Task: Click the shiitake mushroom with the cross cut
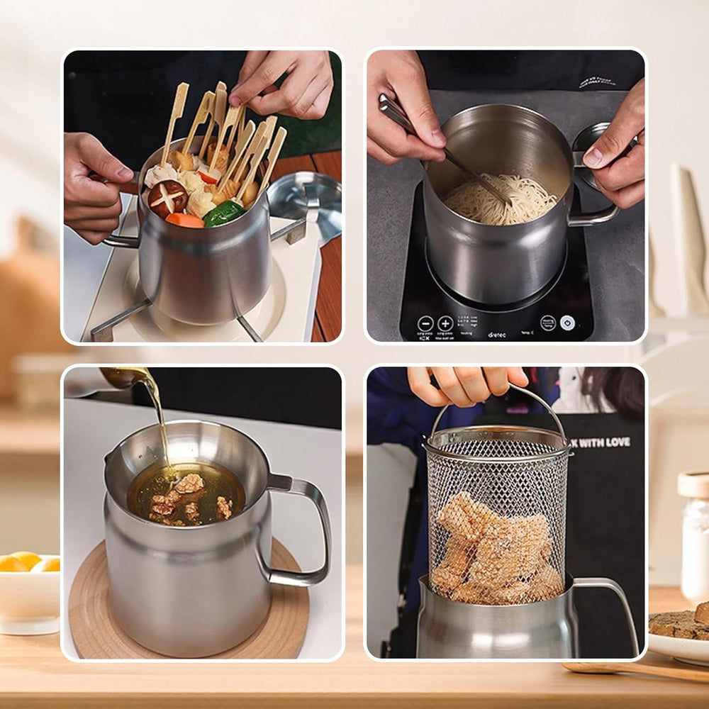point(167,198)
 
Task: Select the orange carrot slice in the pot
point(184,220)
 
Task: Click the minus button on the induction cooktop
point(425,323)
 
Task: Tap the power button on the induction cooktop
point(566,323)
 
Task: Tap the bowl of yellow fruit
point(28,588)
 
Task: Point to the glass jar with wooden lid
point(693,539)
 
